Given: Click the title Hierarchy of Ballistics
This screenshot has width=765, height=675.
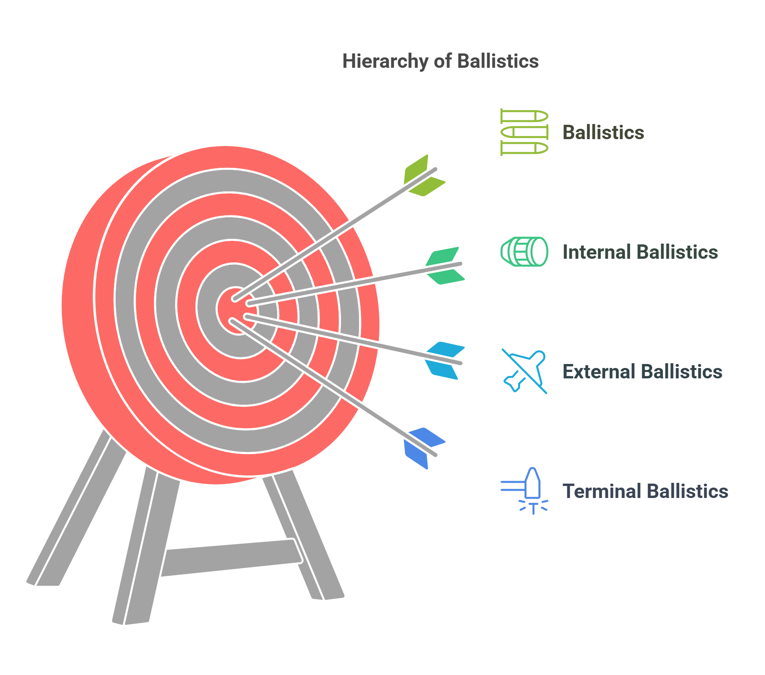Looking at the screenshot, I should (x=440, y=61).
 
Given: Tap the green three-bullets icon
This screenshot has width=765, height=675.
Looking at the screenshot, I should (x=524, y=132).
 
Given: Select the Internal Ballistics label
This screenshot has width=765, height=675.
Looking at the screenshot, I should (x=640, y=252).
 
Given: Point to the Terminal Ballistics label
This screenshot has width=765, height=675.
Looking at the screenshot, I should (x=645, y=491).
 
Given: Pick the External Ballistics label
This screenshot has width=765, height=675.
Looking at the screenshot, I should (x=642, y=372).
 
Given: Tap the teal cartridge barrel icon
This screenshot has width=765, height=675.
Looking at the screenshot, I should (x=524, y=252).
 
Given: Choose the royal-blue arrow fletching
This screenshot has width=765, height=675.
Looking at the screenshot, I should (x=424, y=448).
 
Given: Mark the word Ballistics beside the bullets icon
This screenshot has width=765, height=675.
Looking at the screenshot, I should (x=603, y=132).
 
